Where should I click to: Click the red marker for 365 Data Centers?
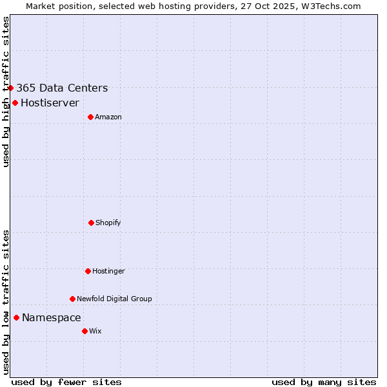tap(11, 88)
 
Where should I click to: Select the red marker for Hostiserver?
tap(15, 103)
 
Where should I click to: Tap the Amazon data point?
tap(90, 117)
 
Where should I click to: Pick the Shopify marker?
tap(91, 223)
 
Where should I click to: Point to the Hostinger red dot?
tap(88, 271)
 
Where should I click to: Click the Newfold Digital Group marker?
tap(72, 299)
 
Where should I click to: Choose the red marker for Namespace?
tap(16, 317)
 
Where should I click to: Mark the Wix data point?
tap(84, 331)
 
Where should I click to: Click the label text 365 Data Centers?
tap(62, 88)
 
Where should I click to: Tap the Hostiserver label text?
tap(50, 103)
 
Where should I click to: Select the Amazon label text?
tap(108, 117)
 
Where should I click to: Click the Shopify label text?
tap(108, 223)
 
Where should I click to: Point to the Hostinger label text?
tap(108, 271)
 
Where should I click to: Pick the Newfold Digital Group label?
tap(114, 299)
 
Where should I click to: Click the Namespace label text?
tap(52, 317)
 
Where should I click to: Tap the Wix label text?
tap(95, 331)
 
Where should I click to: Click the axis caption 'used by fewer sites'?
tap(66, 382)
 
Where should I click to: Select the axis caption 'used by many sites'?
tap(324, 382)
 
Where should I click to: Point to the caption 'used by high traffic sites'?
tap(6, 92)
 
